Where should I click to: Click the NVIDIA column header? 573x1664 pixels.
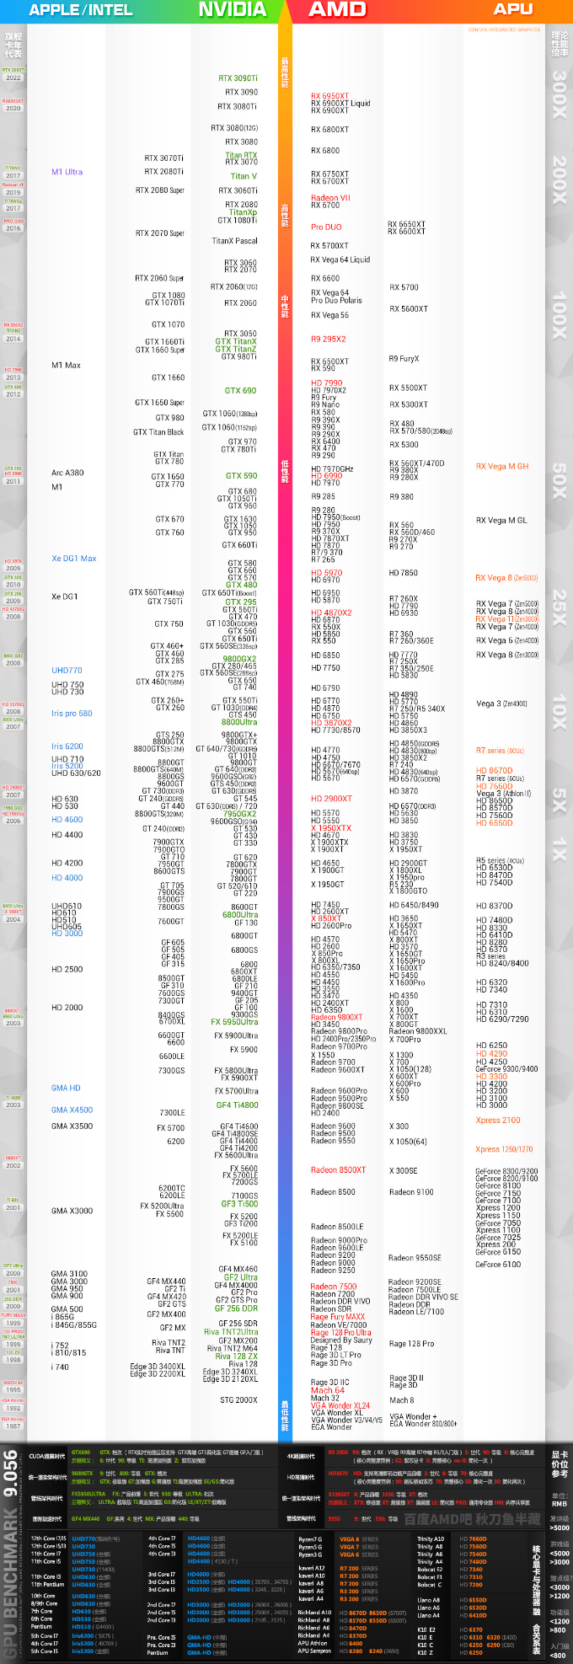(232, 9)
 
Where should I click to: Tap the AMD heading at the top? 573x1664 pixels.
(337, 9)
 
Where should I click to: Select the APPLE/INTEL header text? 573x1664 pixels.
(81, 10)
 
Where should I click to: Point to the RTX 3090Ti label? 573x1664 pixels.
(238, 78)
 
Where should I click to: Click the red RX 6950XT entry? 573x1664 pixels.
(329, 96)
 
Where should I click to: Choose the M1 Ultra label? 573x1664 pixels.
(67, 172)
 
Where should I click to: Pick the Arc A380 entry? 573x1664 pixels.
(67, 473)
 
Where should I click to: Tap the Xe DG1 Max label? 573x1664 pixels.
(73, 559)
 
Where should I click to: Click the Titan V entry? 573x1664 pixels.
(244, 176)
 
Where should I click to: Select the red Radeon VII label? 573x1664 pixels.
(330, 198)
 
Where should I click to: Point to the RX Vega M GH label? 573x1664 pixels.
(502, 466)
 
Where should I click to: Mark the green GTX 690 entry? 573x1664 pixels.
(240, 390)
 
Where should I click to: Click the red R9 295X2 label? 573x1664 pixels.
(328, 339)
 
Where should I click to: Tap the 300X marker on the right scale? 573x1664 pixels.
(559, 94)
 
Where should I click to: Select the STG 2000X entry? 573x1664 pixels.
(238, 1399)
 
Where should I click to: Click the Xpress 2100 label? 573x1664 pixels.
(498, 1121)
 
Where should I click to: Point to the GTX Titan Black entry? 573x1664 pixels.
(158, 432)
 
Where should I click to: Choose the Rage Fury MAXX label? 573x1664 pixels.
(337, 1317)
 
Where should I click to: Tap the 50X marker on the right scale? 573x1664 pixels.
(559, 480)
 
